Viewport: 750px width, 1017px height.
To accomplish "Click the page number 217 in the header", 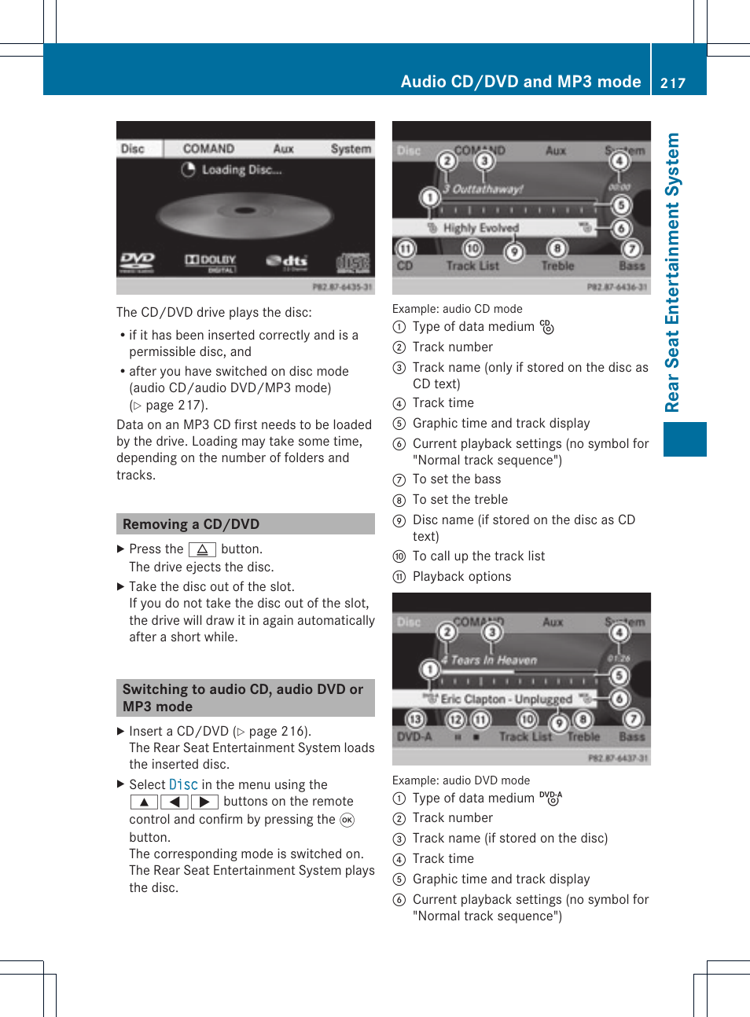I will tap(673, 83).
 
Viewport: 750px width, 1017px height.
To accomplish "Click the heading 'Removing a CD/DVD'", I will tap(191, 524).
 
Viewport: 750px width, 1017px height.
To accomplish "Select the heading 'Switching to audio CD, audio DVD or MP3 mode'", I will tap(243, 697).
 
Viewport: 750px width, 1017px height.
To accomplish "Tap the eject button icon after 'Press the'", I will tap(202, 549).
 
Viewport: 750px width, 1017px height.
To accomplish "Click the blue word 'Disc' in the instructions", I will tap(183, 784).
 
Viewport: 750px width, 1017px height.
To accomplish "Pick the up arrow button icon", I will tap(144, 802).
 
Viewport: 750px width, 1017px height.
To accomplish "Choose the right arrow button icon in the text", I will tap(204, 802).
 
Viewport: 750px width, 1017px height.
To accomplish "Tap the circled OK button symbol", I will tap(347, 820).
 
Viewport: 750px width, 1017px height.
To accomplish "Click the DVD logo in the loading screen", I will tap(138, 260).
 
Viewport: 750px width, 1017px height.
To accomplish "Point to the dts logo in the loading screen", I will tap(287, 261).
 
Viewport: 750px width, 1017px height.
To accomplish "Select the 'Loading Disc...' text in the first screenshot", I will tap(241, 170).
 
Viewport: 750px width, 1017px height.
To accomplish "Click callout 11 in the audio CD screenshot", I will tap(405, 249).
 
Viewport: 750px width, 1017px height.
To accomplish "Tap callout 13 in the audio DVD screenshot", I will tap(414, 719).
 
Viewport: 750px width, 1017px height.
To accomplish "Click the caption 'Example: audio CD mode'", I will tap(457, 309).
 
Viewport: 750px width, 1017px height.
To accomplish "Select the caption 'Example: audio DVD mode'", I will tap(461, 780).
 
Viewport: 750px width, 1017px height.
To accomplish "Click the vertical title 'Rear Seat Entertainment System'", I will tap(672, 272).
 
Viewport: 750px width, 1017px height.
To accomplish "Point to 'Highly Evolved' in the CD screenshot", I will tap(480, 228).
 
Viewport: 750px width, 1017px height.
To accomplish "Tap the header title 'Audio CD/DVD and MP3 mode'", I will tap(520, 82).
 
